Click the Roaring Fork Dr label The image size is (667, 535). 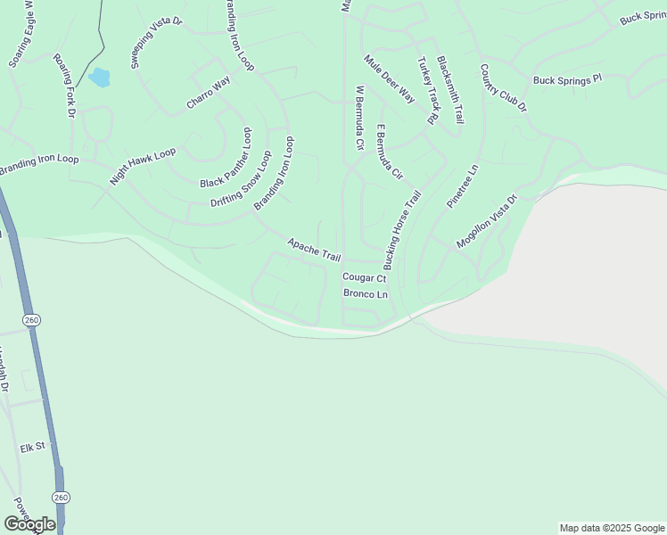click(x=65, y=87)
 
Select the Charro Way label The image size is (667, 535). click(x=208, y=92)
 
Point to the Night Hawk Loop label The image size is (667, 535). click(x=143, y=166)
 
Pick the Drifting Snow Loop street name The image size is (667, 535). click(x=241, y=178)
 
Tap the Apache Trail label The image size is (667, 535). click(x=314, y=249)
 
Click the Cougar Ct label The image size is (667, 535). click(x=364, y=278)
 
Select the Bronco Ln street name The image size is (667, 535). click(x=366, y=294)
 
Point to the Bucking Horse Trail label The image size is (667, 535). click(x=401, y=229)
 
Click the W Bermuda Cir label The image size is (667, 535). click(x=360, y=117)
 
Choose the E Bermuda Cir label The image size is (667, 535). click(x=390, y=152)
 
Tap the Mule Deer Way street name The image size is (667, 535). click(x=390, y=78)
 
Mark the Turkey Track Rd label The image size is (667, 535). click(x=428, y=90)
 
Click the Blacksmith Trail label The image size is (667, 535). click(x=450, y=88)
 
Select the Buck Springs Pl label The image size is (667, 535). click(x=568, y=80)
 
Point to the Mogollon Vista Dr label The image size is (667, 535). click(x=486, y=223)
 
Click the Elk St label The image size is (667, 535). click(x=33, y=447)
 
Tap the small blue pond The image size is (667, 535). click(x=99, y=78)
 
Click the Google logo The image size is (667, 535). click(x=29, y=524)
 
